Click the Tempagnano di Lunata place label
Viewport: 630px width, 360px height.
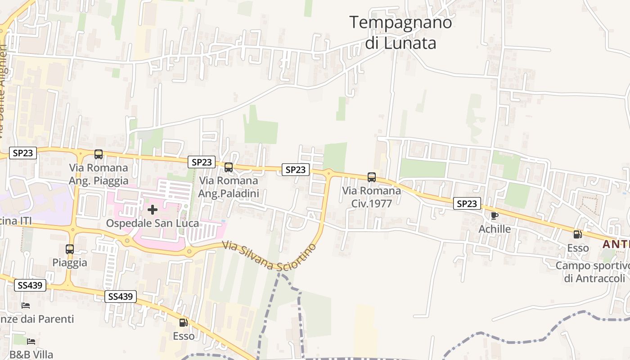400,32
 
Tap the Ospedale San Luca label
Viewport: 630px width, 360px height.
153,223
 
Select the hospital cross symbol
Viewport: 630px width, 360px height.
153,210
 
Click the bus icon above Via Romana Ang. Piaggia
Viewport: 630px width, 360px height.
99,154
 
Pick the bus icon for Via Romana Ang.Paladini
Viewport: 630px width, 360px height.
229,167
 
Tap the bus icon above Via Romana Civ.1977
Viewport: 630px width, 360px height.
372,177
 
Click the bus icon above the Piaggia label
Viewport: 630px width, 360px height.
70,249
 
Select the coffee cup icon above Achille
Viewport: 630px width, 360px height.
495,216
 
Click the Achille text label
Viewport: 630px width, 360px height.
495,229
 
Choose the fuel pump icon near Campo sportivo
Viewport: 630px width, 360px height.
578,234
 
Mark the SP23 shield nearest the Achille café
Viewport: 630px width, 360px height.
467,204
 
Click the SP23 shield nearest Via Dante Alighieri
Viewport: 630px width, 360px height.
23,153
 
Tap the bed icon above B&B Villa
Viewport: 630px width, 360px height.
31,342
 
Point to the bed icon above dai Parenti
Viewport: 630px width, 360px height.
26,306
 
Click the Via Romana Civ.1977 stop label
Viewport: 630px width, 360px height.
372,197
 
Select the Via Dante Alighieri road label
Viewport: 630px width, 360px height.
4,90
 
